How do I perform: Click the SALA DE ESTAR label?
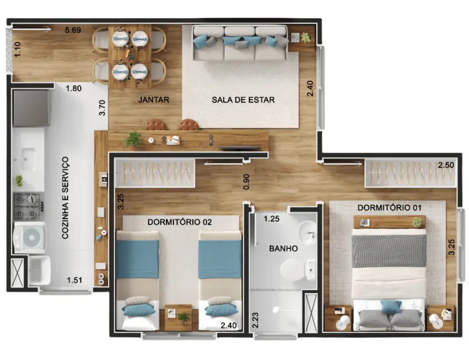pos(243,100)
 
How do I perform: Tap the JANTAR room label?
pos(153,100)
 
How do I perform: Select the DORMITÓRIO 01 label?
pos(389,207)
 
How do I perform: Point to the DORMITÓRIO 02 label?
pos(180,222)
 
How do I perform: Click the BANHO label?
pos(283,249)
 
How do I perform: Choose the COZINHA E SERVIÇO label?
pos(65,198)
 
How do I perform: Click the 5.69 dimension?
pos(73,30)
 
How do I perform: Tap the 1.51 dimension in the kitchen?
pos(75,280)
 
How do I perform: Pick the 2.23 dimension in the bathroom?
pos(256,320)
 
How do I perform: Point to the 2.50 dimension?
pos(446,166)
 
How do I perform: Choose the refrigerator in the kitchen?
pos(31,108)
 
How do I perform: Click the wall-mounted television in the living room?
pos(239,148)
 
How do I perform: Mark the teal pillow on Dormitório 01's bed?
pos(391,306)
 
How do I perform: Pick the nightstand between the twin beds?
pos(179,317)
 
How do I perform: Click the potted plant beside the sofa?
pos(305,38)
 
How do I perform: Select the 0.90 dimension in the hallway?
pos(246,182)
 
